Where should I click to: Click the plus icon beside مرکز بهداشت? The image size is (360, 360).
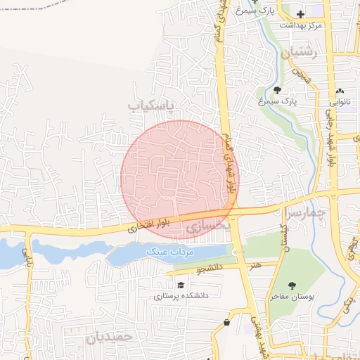(x=300, y=14)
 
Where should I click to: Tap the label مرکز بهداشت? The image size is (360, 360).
(x=301, y=25)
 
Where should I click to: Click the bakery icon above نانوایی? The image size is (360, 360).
(x=340, y=90)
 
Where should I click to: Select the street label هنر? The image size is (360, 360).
(x=252, y=266)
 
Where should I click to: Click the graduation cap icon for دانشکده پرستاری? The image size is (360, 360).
(x=181, y=285)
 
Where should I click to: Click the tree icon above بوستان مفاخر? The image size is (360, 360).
(x=292, y=285)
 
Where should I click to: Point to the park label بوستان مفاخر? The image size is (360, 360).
(x=292, y=297)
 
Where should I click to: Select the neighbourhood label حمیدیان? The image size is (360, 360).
(x=109, y=337)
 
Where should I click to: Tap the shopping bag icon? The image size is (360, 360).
(x=226, y=322)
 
